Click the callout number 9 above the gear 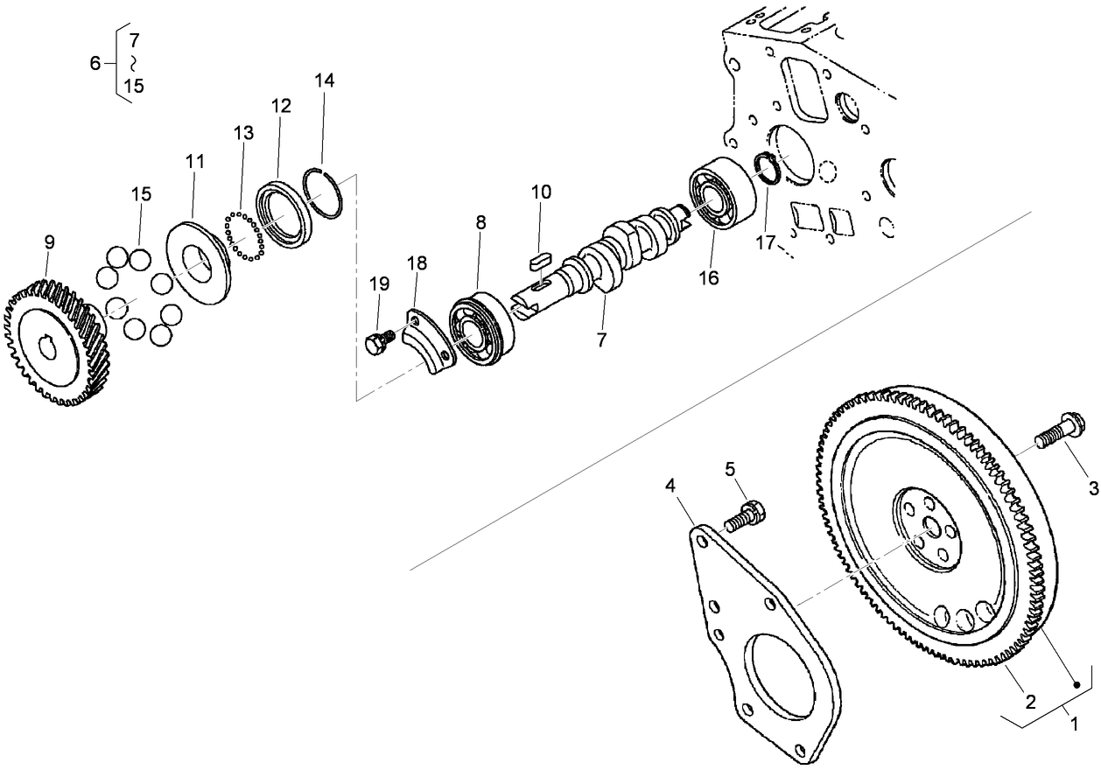pyautogui.click(x=48, y=241)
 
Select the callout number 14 pyautogui.click(x=324, y=80)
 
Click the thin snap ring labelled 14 pyautogui.click(x=329, y=193)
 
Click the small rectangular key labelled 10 pyautogui.click(x=539, y=259)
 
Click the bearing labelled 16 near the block pyautogui.click(x=722, y=195)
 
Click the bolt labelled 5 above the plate pyautogui.click(x=744, y=515)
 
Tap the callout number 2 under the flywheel pyautogui.click(x=1030, y=702)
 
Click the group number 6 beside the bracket pyautogui.click(x=95, y=63)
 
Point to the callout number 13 pyautogui.click(x=243, y=133)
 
